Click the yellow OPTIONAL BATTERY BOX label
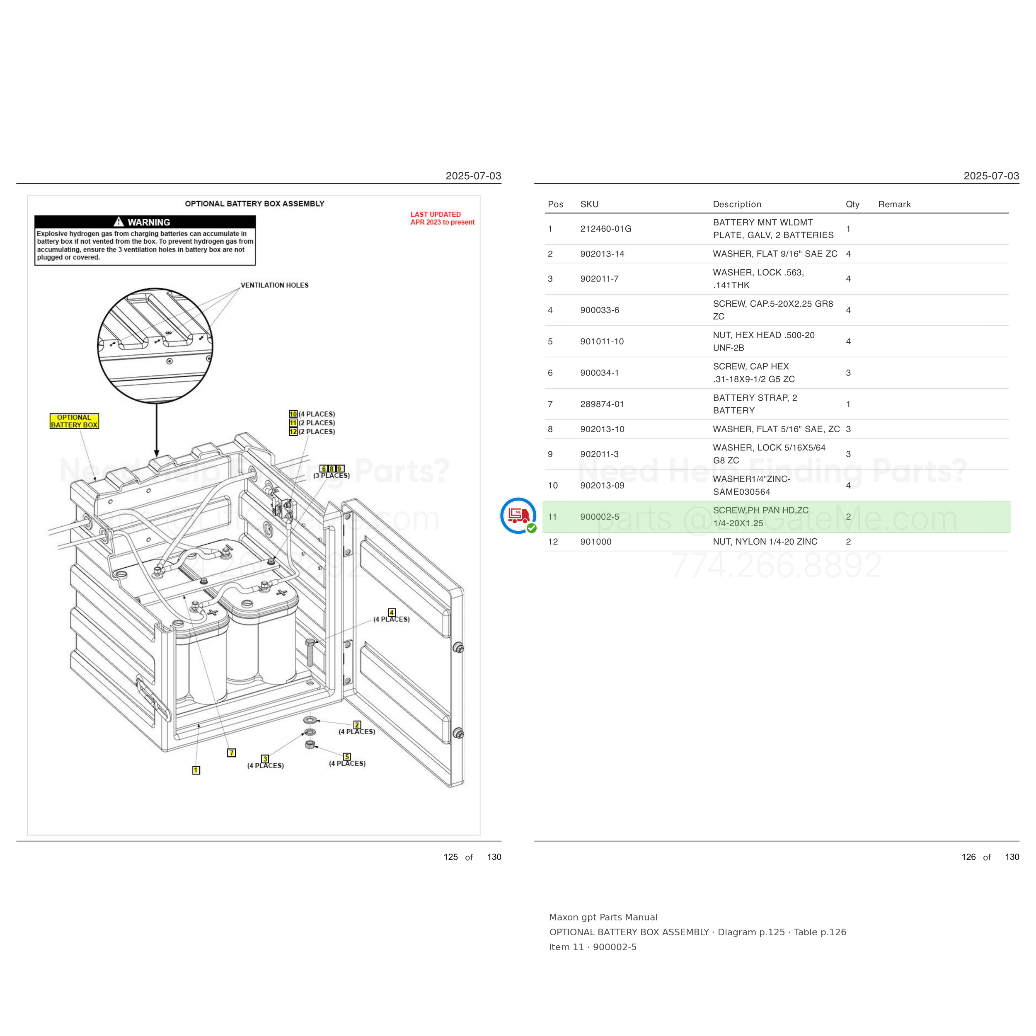pos(74,421)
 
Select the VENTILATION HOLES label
pos(275,285)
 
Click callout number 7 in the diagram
pos(232,753)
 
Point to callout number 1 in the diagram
pos(196,770)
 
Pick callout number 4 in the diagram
pos(392,612)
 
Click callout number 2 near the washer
pos(357,725)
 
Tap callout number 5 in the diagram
pos(347,757)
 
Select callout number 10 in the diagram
pos(293,414)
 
